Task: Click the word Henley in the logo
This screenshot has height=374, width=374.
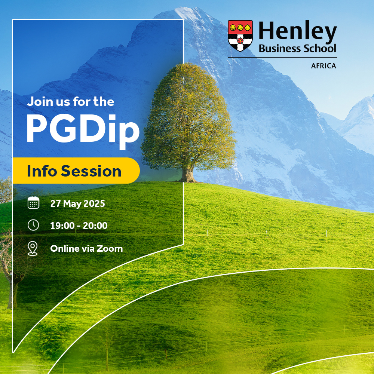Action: [297, 32]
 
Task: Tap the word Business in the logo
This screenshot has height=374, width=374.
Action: [278, 49]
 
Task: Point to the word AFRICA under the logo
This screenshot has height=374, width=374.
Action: [324, 66]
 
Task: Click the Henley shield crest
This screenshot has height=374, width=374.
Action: [240, 36]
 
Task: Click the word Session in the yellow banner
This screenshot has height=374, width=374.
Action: [91, 171]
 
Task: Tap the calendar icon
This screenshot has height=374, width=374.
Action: [33, 203]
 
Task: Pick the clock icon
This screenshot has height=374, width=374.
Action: [33, 225]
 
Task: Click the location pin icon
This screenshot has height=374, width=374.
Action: [33, 248]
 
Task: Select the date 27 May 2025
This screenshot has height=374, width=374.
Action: [77, 204]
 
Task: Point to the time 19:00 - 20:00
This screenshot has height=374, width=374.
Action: [79, 226]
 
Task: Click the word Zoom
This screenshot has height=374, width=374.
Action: [110, 248]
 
